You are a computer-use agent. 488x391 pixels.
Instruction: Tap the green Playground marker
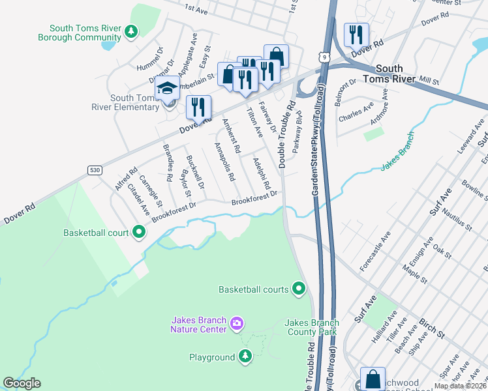pos(245,356)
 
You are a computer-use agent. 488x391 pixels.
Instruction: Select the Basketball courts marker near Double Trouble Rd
pos(299,287)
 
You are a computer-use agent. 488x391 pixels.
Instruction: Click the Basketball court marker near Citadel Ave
pos(139,231)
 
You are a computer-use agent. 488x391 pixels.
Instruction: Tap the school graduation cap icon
pos(168,87)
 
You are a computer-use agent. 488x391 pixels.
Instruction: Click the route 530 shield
pos(95,170)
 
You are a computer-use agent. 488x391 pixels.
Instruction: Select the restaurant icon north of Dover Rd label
pos(356,35)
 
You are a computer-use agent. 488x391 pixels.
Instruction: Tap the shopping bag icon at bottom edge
pos(372,379)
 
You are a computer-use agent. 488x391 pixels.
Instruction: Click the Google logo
pos(22,383)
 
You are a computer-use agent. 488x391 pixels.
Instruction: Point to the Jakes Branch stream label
pos(397,162)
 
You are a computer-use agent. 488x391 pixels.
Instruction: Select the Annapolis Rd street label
pos(224,162)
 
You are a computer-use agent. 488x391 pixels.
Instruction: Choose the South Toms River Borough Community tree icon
pos(132,31)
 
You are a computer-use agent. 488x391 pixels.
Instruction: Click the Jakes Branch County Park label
pos(311,327)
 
